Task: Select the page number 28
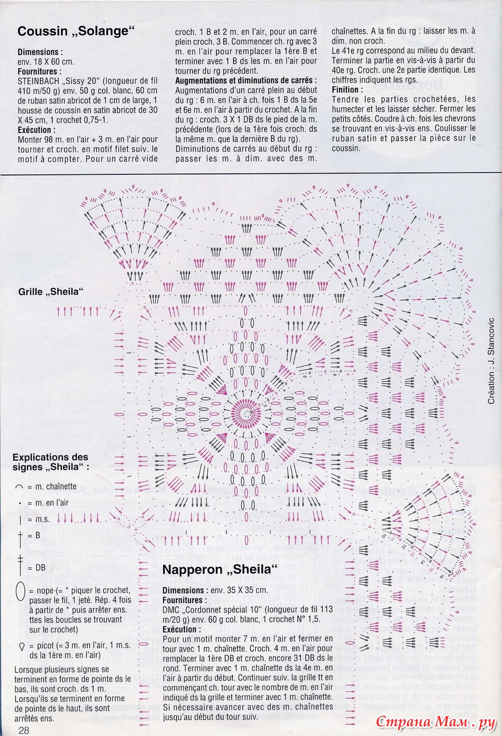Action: (x=25, y=730)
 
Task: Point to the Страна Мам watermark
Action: (x=435, y=723)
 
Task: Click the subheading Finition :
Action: (x=348, y=90)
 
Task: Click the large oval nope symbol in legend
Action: (x=21, y=592)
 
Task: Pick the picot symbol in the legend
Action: (x=21, y=646)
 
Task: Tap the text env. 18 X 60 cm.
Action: (x=46, y=62)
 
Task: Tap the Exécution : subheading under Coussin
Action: (x=37, y=130)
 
